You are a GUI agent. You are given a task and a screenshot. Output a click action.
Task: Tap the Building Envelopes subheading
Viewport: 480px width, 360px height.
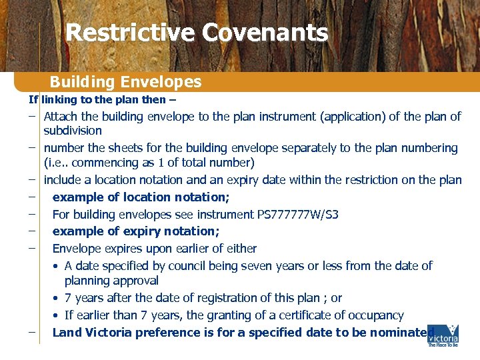pos(125,82)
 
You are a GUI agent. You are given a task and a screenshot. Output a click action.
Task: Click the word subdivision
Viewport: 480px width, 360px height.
pos(73,131)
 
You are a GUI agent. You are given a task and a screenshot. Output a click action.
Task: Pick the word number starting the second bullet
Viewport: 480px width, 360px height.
pos(64,148)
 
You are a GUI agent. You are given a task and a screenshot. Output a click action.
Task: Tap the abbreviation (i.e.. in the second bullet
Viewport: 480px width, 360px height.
pos(58,163)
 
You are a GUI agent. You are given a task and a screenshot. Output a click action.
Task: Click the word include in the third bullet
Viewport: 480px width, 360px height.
pos(63,180)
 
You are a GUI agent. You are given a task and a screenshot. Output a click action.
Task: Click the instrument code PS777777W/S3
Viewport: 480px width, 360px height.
pos(297,215)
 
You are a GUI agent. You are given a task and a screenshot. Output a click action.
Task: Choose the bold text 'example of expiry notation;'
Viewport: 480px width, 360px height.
pos(136,231)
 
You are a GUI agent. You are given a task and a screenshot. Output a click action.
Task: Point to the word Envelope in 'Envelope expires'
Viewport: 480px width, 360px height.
pos(77,249)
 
